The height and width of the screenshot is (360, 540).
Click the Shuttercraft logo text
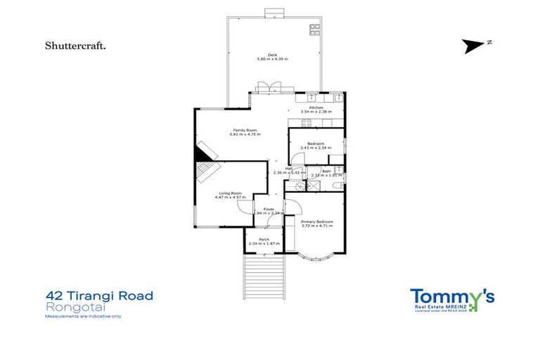coord(75,46)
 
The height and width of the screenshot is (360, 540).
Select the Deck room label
coord(272,57)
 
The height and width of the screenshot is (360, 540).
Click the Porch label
coord(264,241)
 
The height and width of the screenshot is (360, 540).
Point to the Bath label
coord(327,172)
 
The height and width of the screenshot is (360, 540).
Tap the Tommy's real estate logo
coord(452,299)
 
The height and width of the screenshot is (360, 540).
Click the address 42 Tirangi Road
coord(98,295)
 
